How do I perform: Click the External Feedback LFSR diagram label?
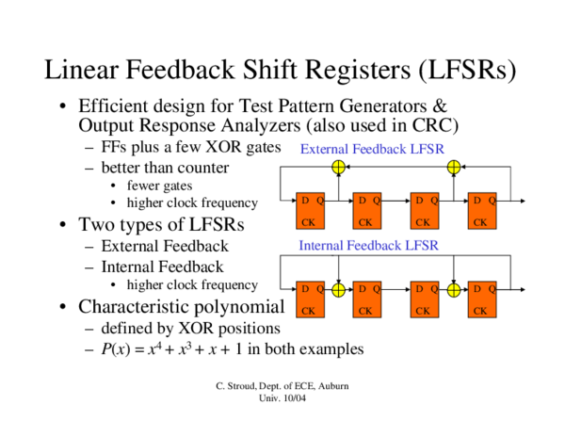click(371, 149)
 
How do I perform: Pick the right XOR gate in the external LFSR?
click(454, 167)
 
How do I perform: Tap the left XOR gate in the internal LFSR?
click(339, 289)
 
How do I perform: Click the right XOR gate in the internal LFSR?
click(454, 289)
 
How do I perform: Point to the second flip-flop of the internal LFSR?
click(367, 299)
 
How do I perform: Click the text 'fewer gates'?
click(160, 186)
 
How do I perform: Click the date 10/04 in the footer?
click(293, 399)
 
